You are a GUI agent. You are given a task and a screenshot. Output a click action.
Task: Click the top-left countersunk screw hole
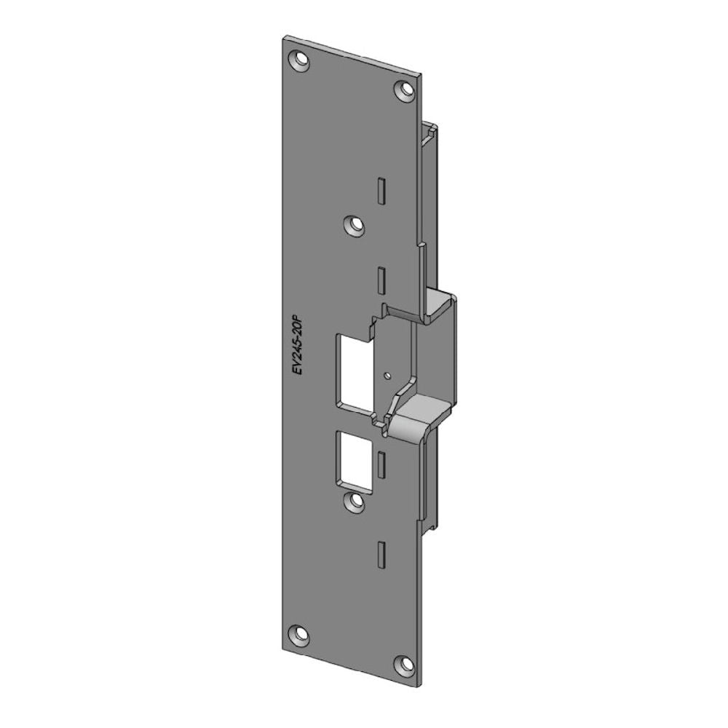[x=299, y=61]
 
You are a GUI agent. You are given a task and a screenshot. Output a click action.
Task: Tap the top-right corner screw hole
[x=405, y=89]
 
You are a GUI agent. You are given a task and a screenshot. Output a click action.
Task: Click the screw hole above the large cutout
[x=355, y=225]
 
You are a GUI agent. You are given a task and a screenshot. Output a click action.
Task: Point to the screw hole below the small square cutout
[x=355, y=501]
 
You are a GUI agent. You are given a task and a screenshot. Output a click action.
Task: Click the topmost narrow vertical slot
[x=381, y=190]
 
